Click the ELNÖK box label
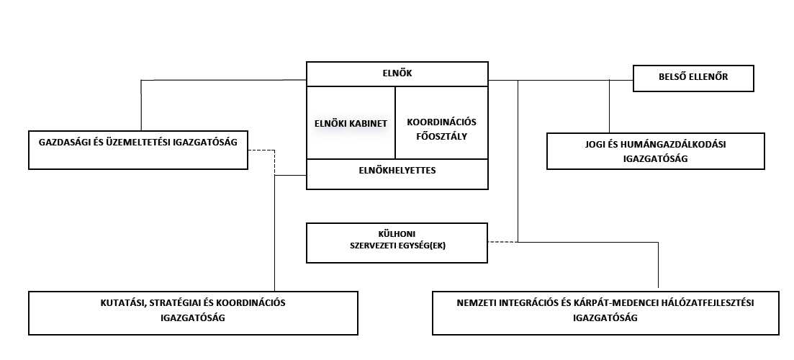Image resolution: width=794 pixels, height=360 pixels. click(x=397, y=73)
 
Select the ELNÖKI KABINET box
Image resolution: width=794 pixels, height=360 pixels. click(x=351, y=123)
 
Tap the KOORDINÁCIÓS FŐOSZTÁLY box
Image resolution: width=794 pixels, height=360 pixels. click(x=441, y=127)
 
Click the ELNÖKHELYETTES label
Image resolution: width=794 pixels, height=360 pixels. click(x=397, y=171)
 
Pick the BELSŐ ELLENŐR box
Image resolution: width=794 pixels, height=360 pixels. click(x=693, y=78)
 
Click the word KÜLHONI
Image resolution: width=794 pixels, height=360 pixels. click(x=397, y=233)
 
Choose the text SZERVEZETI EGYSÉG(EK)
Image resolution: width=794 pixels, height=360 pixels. click(x=397, y=246)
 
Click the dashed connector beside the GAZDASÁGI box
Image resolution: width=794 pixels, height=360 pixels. click(x=261, y=150)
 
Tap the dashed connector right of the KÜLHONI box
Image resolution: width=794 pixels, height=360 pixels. click(x=502, y=241)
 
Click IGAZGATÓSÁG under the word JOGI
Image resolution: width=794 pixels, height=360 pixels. click(x=655, y=158)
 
